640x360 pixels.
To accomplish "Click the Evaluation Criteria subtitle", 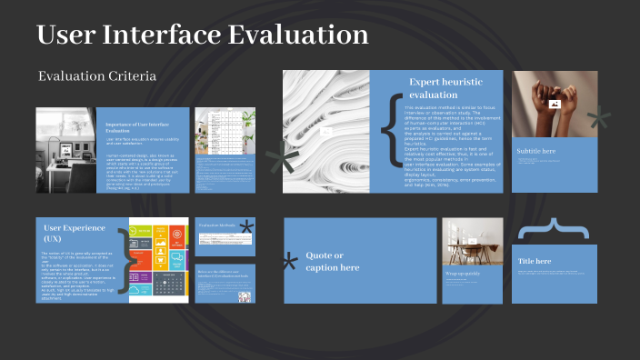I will [x=97, y=76].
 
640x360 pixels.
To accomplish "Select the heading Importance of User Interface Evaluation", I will [x=139, y=126].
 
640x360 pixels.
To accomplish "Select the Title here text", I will [x=535, y=261].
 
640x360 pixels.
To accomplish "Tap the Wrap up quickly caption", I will [x=462, y=273].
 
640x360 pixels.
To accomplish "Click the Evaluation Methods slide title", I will [x=216, y=225].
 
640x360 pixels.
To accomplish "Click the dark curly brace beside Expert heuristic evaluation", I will [x=392, y=132].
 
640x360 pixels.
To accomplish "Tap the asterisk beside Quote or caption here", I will [x=290, y=263].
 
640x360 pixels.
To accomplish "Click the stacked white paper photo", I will [x=325, y=132].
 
